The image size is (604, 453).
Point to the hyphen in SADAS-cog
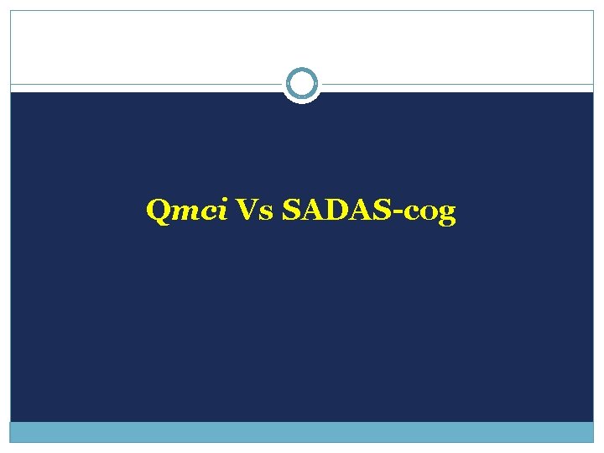point(398,213)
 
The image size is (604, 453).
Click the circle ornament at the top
point(301,84)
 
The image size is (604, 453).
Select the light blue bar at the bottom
point(302,432)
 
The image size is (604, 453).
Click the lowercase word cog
point(430,213)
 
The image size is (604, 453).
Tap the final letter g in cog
point(447,215)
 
